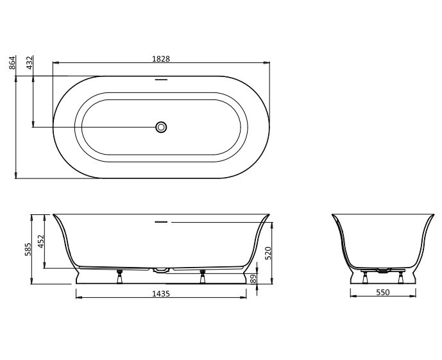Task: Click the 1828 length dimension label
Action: pos(161,59)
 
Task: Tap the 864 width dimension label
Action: pos(12,63)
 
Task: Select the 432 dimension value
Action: pos(30,63)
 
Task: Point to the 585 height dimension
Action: pos(28,249)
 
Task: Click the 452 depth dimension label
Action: pos(42,241)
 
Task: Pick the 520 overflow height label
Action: pos(268,253)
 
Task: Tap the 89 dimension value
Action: pos(253,279)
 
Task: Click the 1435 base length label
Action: pos(161,294)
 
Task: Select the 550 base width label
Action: pos(383,293)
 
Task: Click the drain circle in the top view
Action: pos(161,127)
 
